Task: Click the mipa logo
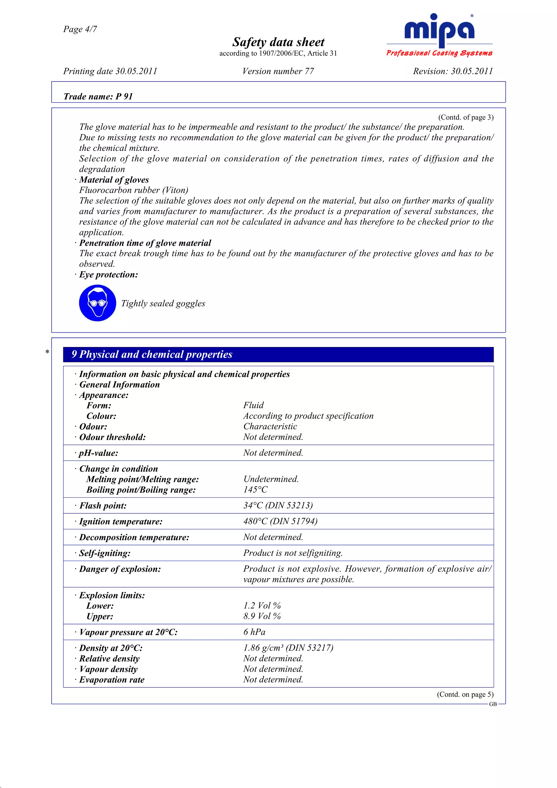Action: click(x=439, y=34)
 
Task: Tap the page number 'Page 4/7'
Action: click(x=80, y=29)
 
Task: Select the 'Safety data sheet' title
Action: click(x=278, y=42)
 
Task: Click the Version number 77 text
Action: click(x=278, y=72)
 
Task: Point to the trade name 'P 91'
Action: click(x=124, y=97)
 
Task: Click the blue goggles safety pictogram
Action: click(x=97, y=303)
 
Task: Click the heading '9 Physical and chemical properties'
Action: click(x=152, y=354)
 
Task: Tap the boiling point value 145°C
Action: click(x=255, y=490)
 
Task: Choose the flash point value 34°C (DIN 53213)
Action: click(x=278, y=505)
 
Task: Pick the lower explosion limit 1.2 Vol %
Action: click(x=262, y=606)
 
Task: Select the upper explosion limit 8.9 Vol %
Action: click(x=262, y=616)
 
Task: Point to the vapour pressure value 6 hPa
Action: click(x=254, y=632)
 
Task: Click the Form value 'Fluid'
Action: click(x=254, y=405)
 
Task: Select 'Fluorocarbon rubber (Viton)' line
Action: click(x=134, y=190)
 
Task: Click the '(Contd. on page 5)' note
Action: click(x=465, y=694)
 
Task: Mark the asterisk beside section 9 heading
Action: click(x=47, y=352)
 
